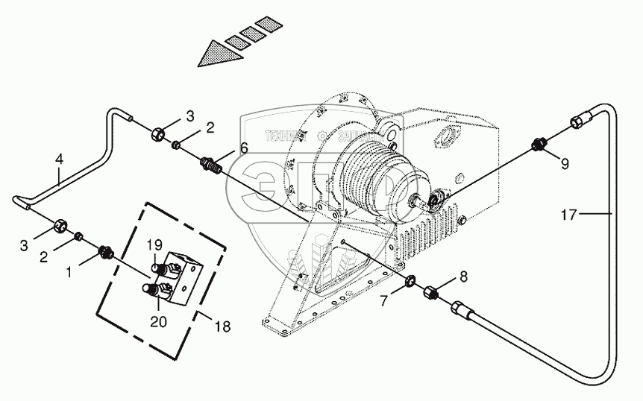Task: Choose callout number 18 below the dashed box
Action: (222, 326)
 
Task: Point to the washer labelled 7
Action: (411, 282)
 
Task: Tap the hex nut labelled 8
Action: (433, 291)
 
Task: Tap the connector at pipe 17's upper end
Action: (583, 121)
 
